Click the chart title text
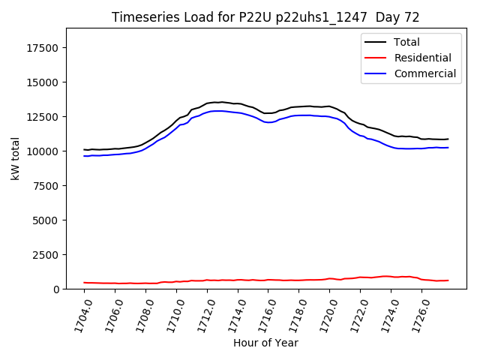[x=265, y=17]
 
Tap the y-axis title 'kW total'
[x=15, y=158]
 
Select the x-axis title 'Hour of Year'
[x=265, y=343]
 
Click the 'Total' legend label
[x=406, y=42]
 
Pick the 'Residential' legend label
[x=422, y=58]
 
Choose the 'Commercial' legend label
[x=424, y=73]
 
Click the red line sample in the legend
[x=375, y=58]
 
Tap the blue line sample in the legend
[x=375, y=73]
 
